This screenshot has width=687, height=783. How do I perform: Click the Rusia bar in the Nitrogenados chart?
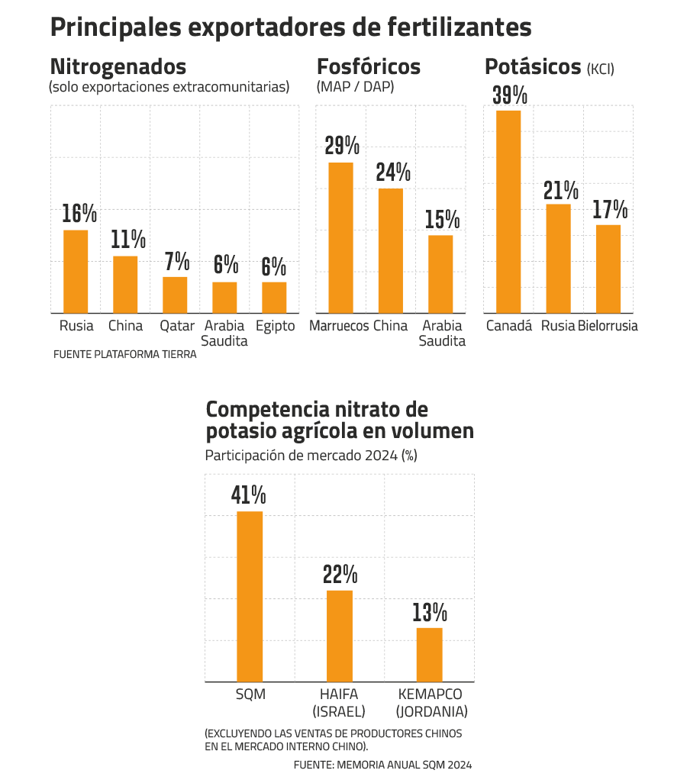[x=76, y=271]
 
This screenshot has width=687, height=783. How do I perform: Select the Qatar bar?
[x=175, y=294]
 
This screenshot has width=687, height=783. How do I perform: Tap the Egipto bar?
[x=274, y=297]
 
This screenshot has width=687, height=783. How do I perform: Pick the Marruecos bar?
[x=340, y=237]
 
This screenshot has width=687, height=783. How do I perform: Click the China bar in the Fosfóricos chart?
[x=390, y=250]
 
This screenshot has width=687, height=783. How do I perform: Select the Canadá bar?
[x=508, y=211]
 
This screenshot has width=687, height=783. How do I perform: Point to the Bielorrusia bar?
[x=608, y=268]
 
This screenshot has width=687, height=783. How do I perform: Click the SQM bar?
[x=250, y=596]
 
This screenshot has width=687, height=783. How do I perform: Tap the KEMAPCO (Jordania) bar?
[x=430, y=654]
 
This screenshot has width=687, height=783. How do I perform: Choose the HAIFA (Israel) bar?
[x=340, y=636]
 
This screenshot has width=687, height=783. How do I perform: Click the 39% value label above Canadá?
[x=510, y=95]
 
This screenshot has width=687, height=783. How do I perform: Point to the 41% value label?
[x=249, y=495]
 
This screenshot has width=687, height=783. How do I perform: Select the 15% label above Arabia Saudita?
[x=443, y=220]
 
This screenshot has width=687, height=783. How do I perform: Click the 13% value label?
[x=430, y=612]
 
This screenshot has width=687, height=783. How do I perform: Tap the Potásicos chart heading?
[x=533, y=67]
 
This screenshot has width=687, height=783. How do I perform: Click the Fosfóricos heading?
[x=369, y=66]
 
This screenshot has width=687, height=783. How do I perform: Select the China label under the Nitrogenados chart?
[x=125, y=326]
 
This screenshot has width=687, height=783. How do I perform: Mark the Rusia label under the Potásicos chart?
[x=558, y=326]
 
